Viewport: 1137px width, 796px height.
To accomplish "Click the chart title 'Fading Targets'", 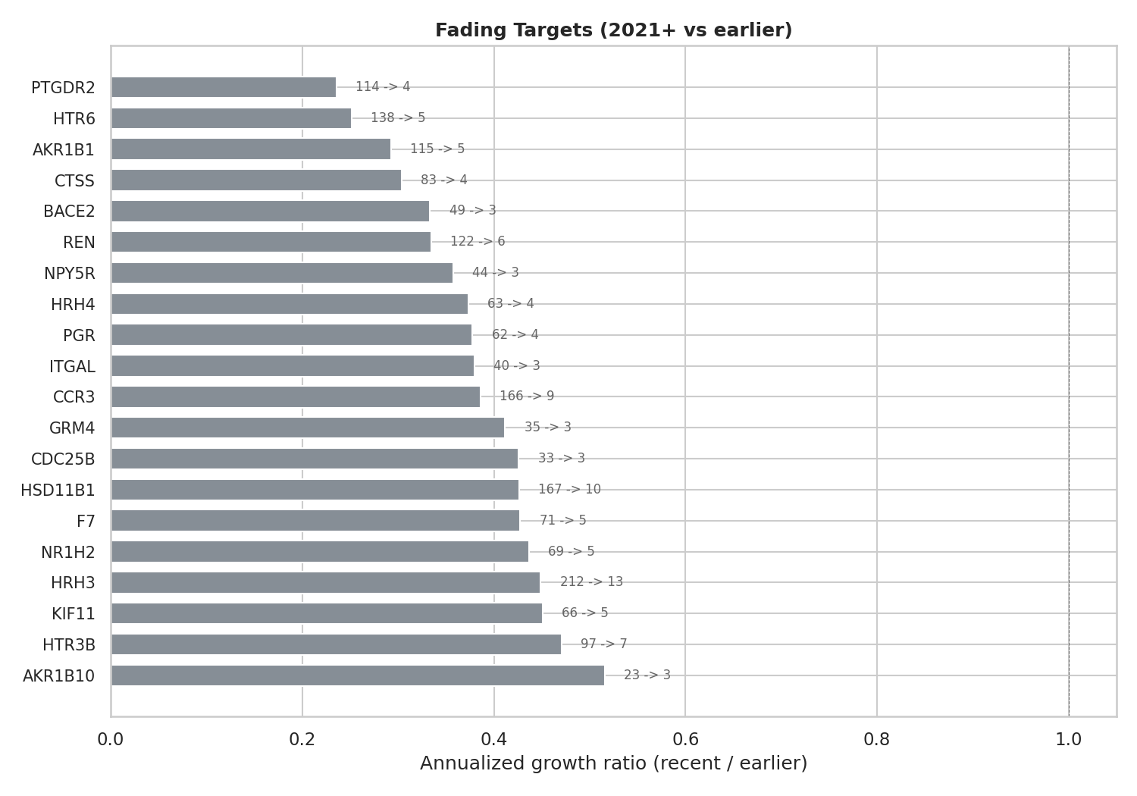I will click(613, 30).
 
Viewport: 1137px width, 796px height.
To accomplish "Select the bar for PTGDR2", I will click(224, 87).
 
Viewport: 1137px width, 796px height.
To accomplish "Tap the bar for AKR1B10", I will click(357, 675).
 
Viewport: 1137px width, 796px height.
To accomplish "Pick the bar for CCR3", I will click(295, 396).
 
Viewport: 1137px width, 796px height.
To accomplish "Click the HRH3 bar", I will click(325, 582).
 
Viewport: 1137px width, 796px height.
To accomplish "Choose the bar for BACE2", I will click(270, 211).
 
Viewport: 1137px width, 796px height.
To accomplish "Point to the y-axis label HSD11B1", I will click(58, 490).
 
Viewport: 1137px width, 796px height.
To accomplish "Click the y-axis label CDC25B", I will click(63, 459).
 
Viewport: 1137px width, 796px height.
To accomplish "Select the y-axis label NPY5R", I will click(70, 274).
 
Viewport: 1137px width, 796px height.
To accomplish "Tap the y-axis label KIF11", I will click(74, 614).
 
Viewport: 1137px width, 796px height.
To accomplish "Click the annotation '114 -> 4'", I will click(383, 87).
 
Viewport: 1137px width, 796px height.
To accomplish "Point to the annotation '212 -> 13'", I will click(591, 582).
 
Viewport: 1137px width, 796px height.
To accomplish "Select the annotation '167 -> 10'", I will click(569, 490).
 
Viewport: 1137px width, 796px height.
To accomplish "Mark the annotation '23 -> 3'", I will click(647, 675).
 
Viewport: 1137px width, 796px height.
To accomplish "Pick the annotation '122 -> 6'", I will click(478, 242).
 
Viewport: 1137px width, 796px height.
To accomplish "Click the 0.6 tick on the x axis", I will click(685, 739).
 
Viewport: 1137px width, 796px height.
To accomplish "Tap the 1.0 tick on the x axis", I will click(1069, 739).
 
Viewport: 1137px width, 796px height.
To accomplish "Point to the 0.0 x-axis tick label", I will click(111, 739).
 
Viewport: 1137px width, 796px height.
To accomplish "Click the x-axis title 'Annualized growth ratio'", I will click(613, 763).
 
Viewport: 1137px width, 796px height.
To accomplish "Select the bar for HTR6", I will click(231, 118).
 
